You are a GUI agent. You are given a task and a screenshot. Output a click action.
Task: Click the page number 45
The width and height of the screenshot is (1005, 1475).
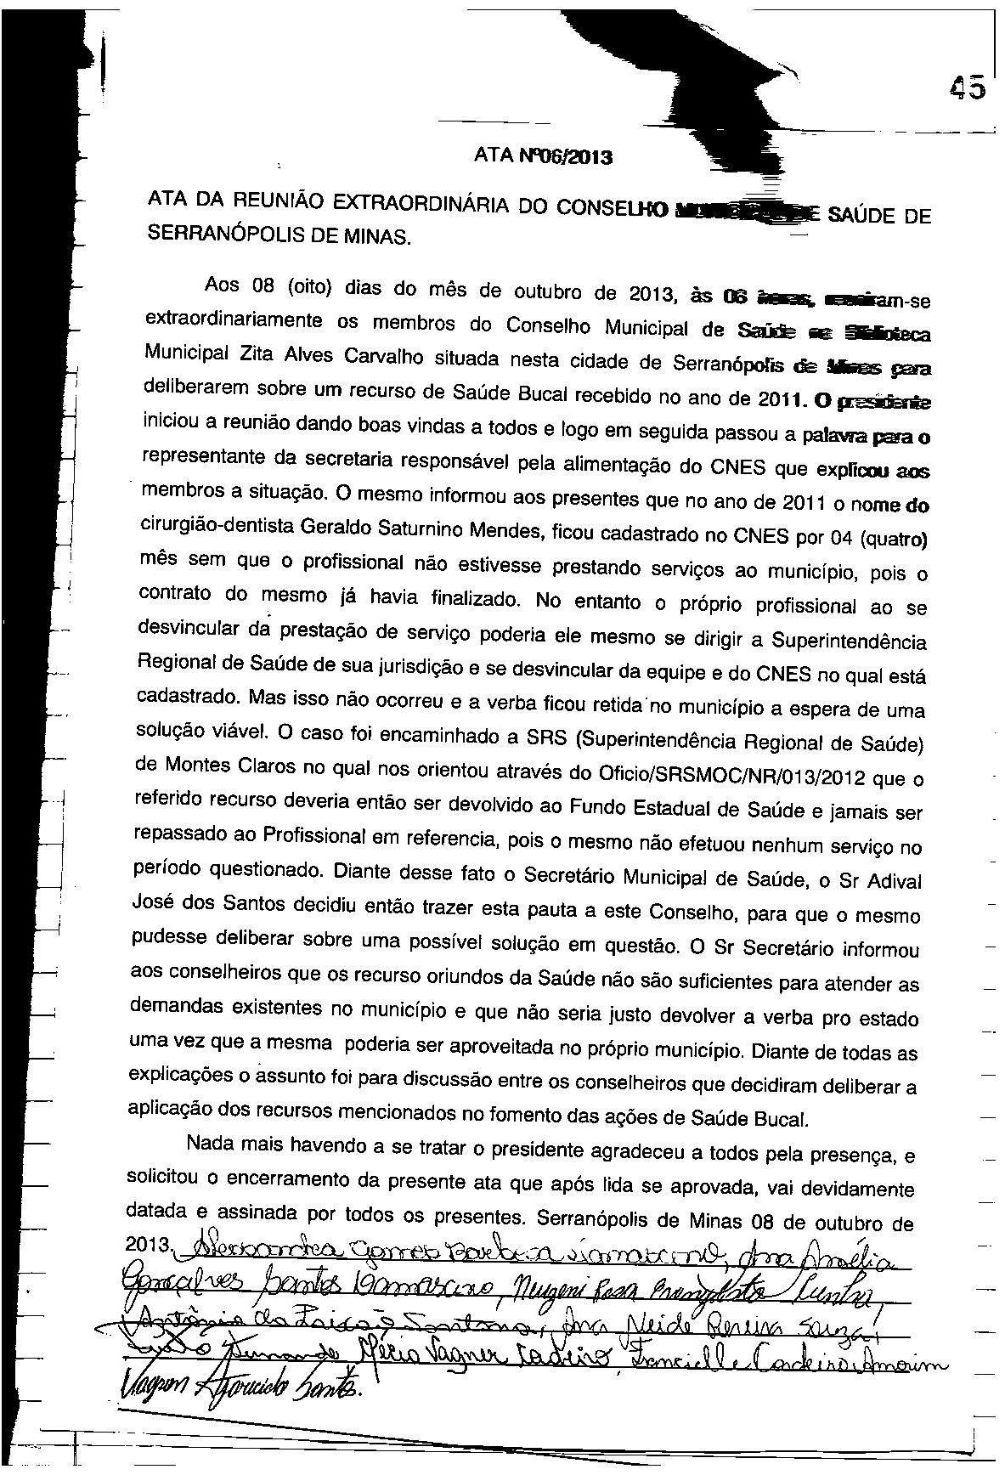[968, 88]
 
